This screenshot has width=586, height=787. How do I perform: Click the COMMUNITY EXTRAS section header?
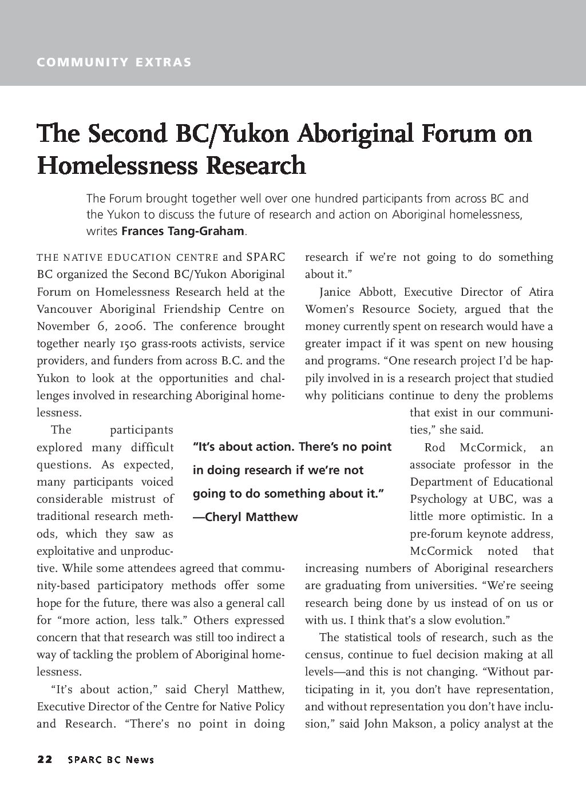pos(114,62)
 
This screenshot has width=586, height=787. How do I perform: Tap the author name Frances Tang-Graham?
pos(183,232)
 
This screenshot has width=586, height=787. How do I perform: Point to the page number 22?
pos(45,760)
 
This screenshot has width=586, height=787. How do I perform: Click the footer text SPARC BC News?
pos(110,760)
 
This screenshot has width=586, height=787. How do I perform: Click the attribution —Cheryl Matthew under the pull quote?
pos(246,517)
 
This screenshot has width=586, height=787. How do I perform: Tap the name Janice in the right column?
pos(335,292)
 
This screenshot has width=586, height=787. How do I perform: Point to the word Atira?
pos(541,292)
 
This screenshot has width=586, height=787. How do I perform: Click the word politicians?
pos(358,396)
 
